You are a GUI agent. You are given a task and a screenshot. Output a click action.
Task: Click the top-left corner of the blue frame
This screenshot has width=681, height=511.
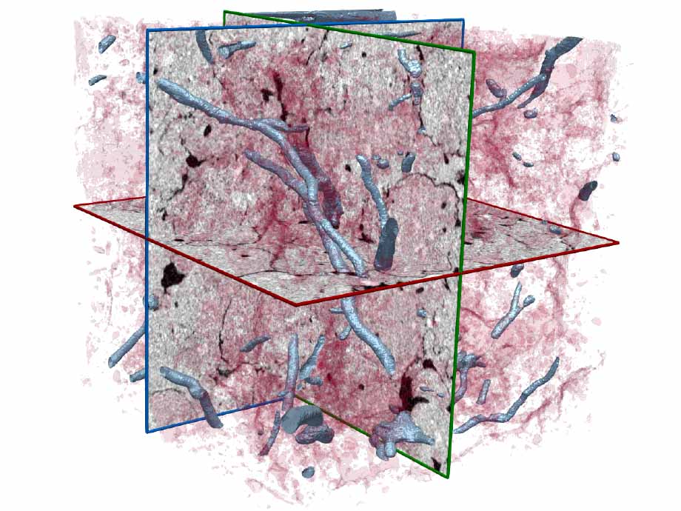point(147,30)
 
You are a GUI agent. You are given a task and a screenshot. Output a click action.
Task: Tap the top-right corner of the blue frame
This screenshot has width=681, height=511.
point(463,20)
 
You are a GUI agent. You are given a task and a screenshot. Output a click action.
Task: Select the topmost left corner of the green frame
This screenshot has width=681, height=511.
point(224,11)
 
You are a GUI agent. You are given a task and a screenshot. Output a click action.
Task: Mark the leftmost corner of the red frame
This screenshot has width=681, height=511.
point(75,207)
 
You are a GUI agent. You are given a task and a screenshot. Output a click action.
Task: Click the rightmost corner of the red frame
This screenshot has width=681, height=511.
point(618,243)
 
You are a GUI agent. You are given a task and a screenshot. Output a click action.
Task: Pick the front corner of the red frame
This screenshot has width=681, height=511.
point(295,304)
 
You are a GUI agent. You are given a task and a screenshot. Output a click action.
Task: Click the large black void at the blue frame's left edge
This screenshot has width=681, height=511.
point(172,275)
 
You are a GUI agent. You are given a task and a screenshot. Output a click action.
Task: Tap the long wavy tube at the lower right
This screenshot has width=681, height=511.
point(511,400)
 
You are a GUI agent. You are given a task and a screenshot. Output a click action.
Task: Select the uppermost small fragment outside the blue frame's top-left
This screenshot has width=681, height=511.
point(107,42)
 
